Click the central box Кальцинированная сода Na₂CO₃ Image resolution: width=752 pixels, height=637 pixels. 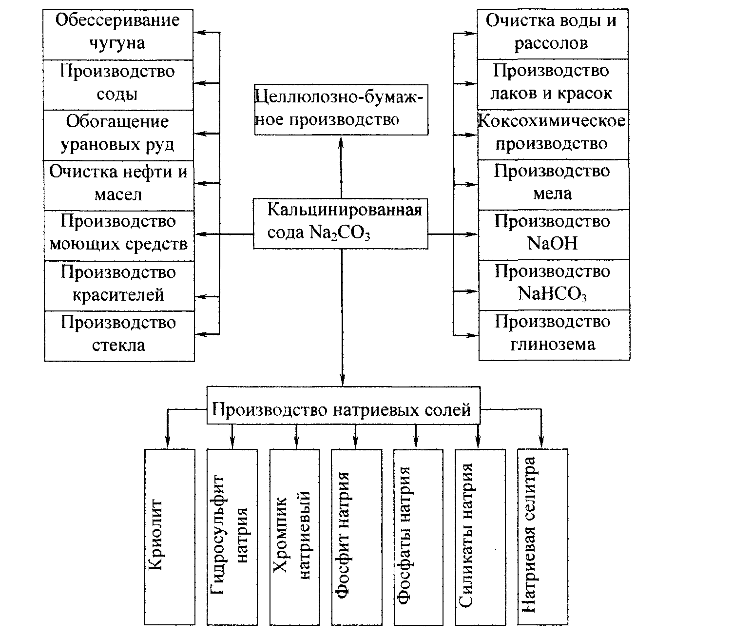[340, 224]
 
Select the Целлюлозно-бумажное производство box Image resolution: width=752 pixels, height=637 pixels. [341, 109]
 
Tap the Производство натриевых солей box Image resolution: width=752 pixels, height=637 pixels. [343, 409]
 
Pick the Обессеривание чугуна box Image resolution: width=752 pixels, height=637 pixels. [118, 33]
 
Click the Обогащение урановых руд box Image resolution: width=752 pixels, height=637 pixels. [118, 134]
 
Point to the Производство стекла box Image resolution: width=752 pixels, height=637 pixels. [119, 335]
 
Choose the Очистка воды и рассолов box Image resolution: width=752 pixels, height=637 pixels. [552, 33]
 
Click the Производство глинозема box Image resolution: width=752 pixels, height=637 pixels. [554, 334]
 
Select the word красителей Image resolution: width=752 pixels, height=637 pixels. [118, 295]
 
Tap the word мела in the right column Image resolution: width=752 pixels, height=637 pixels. [552, 194]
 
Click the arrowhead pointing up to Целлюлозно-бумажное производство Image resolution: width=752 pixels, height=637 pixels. [341, 140]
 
